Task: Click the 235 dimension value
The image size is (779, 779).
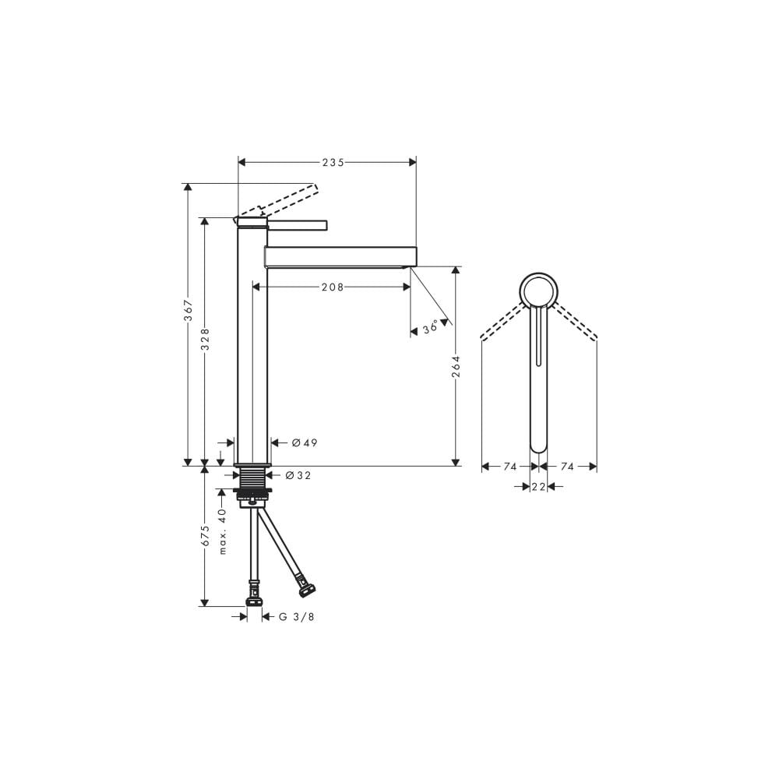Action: [x=333, y=163]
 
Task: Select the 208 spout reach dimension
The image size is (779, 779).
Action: [x=333, y=287]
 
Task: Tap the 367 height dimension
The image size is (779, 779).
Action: [x=189, y=311]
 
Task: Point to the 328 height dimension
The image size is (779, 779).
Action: [x=205, y=339]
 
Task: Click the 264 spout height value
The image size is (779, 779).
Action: [x=456, y=367]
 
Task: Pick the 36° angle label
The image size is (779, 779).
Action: [x=431, y=327]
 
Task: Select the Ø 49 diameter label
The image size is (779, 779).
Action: [x=305, y=442]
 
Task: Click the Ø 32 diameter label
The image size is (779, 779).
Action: [x=298, y=475]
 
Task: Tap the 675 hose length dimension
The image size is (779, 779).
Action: [x=205, y=537]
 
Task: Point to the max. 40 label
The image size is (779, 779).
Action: [x=222, y=531]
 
